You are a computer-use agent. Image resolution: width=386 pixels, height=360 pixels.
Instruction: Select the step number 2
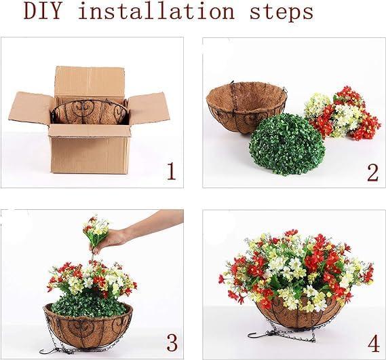pos(372,173)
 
